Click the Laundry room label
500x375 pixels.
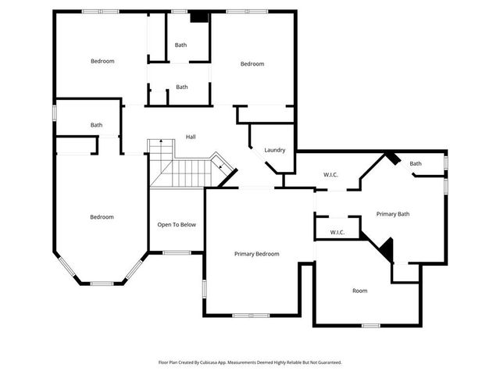point(274,150)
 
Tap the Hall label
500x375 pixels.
point(191,137)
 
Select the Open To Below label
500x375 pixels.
point(177,224)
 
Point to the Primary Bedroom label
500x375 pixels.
point(257,254)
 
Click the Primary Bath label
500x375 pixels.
point(392,214)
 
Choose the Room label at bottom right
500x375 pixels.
point(359,291)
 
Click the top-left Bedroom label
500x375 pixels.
point(102,61)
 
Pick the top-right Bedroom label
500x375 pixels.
point(252,64)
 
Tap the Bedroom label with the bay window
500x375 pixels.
point(102,217)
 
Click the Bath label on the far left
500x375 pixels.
point(96,125)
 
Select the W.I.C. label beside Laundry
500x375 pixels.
point(330,175)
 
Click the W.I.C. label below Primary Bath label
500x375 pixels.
point(337,232)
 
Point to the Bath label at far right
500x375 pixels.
point(416,163)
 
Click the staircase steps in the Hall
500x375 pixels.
point(184,172)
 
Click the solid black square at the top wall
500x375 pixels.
point(199,16)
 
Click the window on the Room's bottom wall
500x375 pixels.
point(370,325)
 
